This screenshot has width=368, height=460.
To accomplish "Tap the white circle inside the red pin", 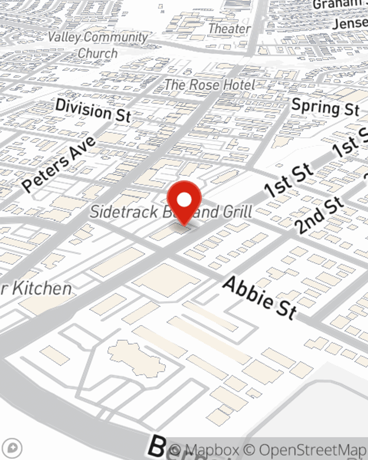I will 184,200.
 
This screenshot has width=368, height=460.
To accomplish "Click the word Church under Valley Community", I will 98,53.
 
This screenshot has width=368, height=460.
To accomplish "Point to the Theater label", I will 229,28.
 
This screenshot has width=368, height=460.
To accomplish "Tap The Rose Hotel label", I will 209,85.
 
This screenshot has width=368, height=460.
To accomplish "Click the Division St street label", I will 93,110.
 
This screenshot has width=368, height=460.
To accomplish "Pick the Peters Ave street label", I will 59,163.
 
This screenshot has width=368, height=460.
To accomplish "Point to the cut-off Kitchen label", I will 39,289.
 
